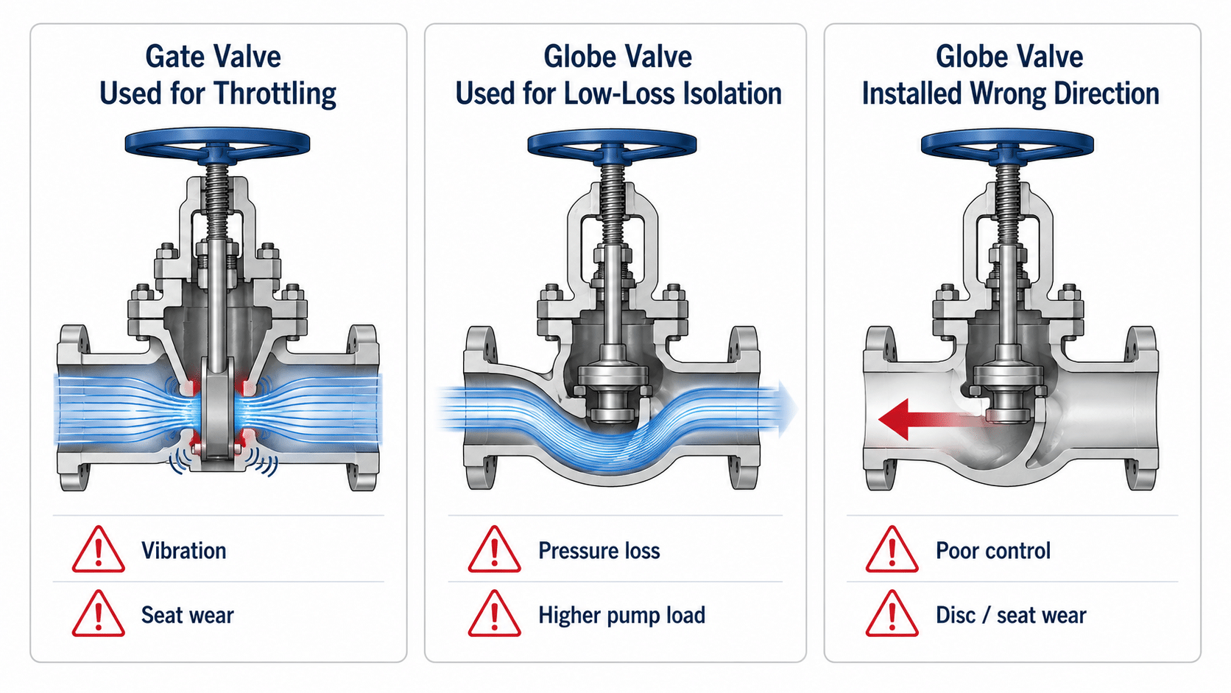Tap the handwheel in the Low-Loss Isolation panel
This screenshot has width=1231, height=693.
pos(613,144)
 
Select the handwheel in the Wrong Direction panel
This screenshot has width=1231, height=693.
pos(1007,144)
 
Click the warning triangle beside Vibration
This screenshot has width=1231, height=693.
pos(99,549)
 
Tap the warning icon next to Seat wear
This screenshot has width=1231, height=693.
pos(99,614)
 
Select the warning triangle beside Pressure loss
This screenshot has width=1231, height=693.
pos(494,549)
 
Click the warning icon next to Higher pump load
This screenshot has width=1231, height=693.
pos(494,614)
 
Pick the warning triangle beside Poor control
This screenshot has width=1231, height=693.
pos(892,549)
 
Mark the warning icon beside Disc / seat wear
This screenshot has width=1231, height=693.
pos(892,614)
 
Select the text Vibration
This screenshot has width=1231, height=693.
pos(183,550)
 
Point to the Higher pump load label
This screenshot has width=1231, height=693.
pos(621,615)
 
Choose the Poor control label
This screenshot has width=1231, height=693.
pos(993,550)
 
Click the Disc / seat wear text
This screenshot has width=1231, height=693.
pos(1011,615)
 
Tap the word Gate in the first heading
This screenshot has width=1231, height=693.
pos(175,57)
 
